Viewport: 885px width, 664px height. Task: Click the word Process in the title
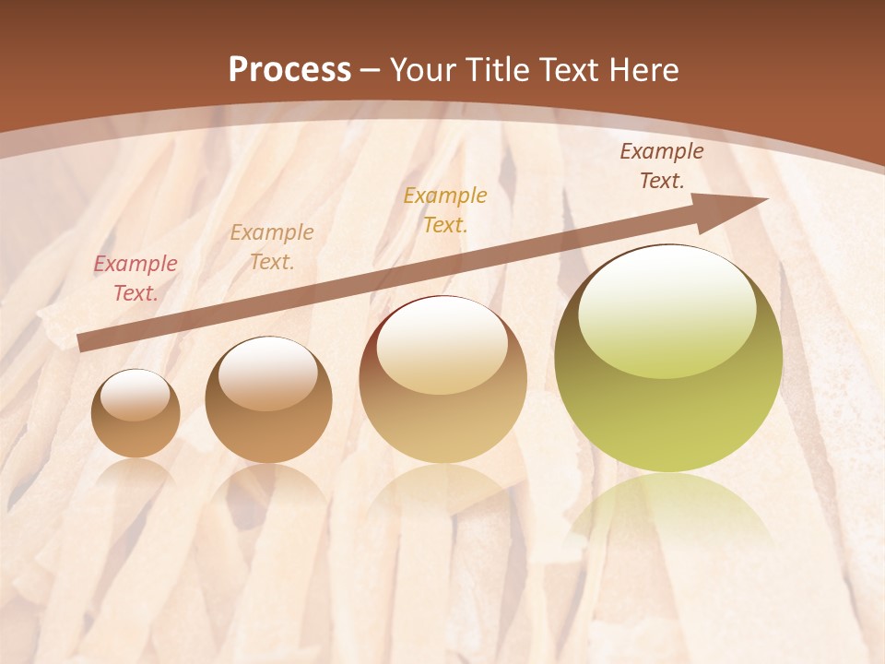pos(289,70)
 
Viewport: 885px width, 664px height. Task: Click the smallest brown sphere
pos(136,414)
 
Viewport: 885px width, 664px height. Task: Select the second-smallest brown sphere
pos(268,400)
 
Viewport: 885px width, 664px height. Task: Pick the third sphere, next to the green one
pos(442,379)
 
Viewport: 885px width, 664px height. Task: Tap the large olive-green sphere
pos(668,359)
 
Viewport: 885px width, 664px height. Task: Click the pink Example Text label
pos(136,279)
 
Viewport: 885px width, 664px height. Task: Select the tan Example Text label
pos(272,247)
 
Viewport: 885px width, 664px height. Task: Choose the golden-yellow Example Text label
pos(445,209)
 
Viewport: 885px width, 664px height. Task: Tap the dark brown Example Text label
pos(662,166)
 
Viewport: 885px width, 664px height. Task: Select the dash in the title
pos(371,70)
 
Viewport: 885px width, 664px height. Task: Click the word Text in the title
pos(572,70)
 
